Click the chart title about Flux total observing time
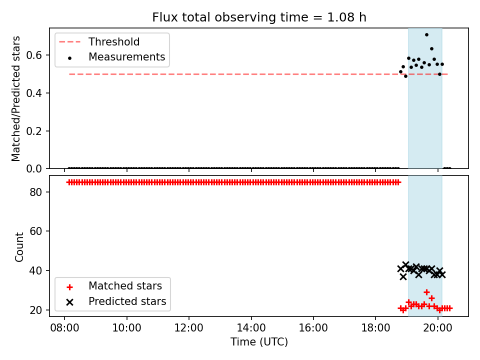(x=259, y=17)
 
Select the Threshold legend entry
(x=99, y=41)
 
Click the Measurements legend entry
(x=117, y=57)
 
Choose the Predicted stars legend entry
(x=116, y=301)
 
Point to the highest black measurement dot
(x=426, y=35)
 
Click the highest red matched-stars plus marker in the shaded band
(x=426, y=292)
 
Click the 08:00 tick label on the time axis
(x=64, y=328)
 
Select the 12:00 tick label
(x=189, y=328)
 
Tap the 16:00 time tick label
(x=313, y=328)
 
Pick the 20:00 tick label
(x=438, y=328)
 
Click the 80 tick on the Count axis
(x=35, y=192)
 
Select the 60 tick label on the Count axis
(x=35, y=231)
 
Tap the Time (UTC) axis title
(x=259, y=341)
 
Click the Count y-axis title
(x=19, y=246)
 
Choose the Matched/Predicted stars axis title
(x=15, y=98)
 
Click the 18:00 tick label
(x=375, y=328)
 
